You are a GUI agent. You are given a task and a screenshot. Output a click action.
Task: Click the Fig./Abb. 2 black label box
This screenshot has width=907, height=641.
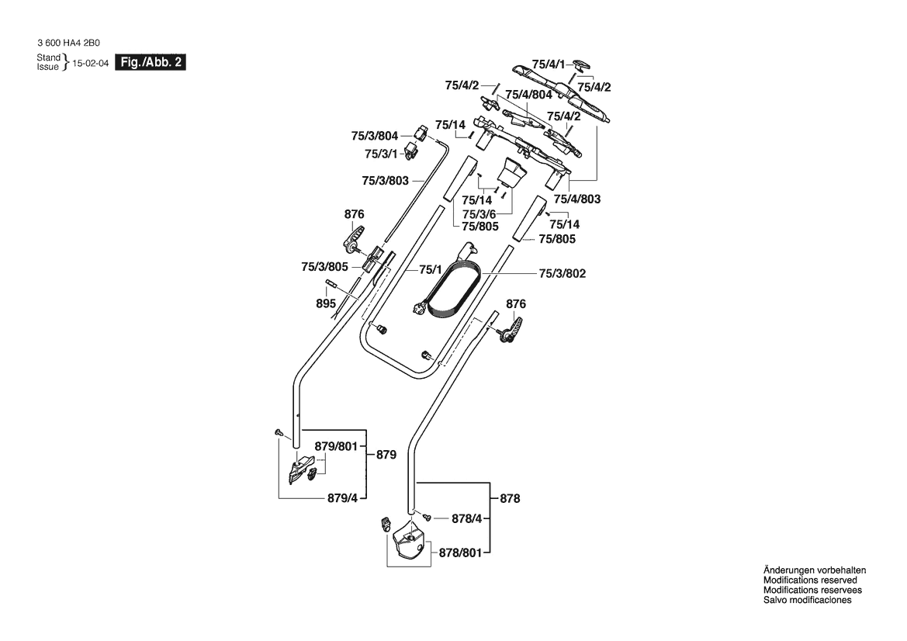(151, 63)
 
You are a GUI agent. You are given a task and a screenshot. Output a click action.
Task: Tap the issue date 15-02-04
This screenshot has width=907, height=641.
(90, 63)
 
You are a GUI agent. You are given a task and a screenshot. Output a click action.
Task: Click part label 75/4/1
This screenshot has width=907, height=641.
(549, 64)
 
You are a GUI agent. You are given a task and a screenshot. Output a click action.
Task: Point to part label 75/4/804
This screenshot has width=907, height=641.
(528, 95)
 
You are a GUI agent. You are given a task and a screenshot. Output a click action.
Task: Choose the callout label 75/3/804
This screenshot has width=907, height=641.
(375, 136)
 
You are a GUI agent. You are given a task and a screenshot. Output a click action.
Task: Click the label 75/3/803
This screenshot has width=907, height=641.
(386, 181)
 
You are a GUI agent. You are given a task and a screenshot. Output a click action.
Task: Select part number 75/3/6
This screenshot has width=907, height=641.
(479, 214)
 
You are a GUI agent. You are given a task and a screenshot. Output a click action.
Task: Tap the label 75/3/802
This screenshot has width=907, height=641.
(563, 274)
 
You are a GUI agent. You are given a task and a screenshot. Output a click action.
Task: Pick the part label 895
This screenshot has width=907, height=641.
(326, 303)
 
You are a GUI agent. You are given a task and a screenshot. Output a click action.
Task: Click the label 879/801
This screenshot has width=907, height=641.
(337, 447)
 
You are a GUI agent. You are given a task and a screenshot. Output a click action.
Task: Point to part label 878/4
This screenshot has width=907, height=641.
(467, 519)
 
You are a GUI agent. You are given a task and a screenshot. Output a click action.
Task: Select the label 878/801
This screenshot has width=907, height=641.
(460, 553)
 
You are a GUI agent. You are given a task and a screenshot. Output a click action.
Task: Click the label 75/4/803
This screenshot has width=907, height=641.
(577, 199)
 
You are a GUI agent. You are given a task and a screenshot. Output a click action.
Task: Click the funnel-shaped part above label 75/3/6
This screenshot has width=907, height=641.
(511, 172)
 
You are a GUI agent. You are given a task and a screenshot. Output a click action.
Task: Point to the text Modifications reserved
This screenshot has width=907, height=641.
(810, 580)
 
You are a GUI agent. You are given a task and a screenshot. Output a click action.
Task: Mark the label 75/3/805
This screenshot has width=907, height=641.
(325, 267)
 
